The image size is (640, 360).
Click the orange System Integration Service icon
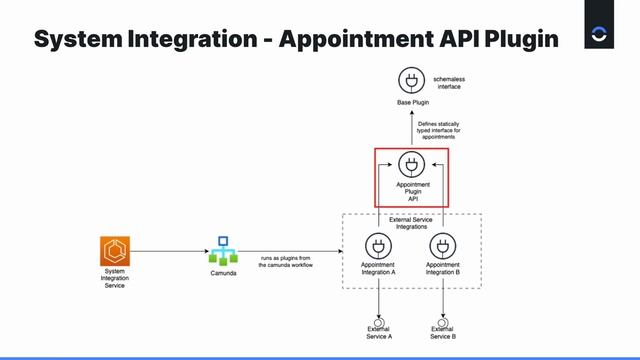tap(115, 250)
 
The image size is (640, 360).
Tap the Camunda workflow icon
tap(223, 251)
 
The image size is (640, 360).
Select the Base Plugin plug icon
tap(411, 81)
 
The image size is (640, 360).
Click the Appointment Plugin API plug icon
tap(411, 164)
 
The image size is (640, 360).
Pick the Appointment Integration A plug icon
tap(377, 246)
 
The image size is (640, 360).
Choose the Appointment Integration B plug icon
tap(442, 246)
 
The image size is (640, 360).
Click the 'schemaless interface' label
tap(449, 82)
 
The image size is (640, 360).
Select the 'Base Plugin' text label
tap(411, 104)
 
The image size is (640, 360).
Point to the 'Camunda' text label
tap(223, 273)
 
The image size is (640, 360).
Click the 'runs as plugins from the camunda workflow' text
tap(285, 261)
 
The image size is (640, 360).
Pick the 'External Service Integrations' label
tap(411, 223)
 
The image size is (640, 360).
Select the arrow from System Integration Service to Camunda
tap(170, 250)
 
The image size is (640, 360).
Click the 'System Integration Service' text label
tap(115, 279)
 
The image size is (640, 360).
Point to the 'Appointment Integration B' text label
tap(442, 269)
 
